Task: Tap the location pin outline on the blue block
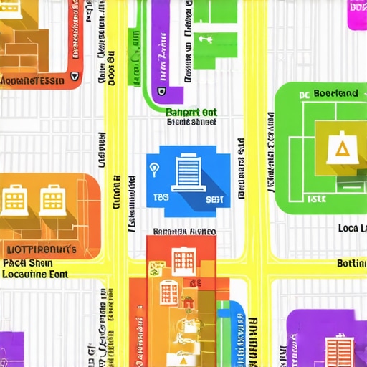click(154, 169)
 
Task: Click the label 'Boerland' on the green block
click(335, 94)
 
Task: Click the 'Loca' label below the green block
click(352, 229)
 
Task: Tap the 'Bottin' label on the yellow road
click(351, 264)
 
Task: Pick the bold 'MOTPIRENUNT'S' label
click(41, 249)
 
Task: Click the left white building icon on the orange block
click(14, 199)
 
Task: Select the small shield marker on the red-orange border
click(74, 74)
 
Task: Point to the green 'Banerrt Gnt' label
click(191, 112)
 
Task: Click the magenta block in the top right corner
click(357, 14)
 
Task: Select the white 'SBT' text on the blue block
click(214, 199)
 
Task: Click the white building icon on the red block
click(182, 261)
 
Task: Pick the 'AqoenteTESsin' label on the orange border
click(32, 82)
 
